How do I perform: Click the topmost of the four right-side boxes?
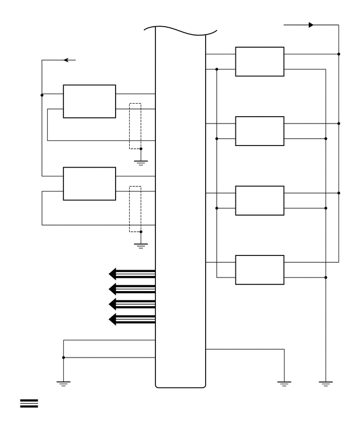coord(260,62)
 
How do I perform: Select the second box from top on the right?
coord(260,131)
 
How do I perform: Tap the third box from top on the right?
coord(260,200)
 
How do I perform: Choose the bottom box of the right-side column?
coord(260,270)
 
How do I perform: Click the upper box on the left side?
coord(89,101)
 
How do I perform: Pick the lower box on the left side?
coord(89,184)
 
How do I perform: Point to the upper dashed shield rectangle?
coord(135,126)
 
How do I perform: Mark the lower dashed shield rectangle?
coord(135,209)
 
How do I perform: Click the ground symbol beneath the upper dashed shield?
coord(141,162)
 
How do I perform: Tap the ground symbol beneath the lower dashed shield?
coord(141,245)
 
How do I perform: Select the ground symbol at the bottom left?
coord(63,384)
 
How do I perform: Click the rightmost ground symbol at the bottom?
coord(325,384)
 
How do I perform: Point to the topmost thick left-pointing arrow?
coord(131,273)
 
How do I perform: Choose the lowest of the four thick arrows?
coord(131,319)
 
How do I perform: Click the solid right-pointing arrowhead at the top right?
coord(311,25)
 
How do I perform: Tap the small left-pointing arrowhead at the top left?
coord(66,60)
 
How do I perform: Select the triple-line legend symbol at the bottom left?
coord(29,403)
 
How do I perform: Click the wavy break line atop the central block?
coord(181,30)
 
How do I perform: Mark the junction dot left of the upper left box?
coord(42,95)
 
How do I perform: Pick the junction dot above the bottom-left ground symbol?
coord(63,358)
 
